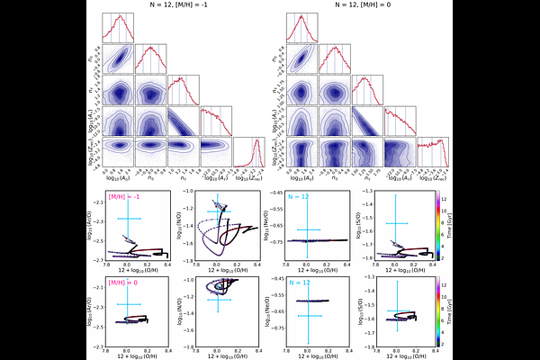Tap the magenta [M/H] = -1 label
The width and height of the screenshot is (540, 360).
tap(124, 197)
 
